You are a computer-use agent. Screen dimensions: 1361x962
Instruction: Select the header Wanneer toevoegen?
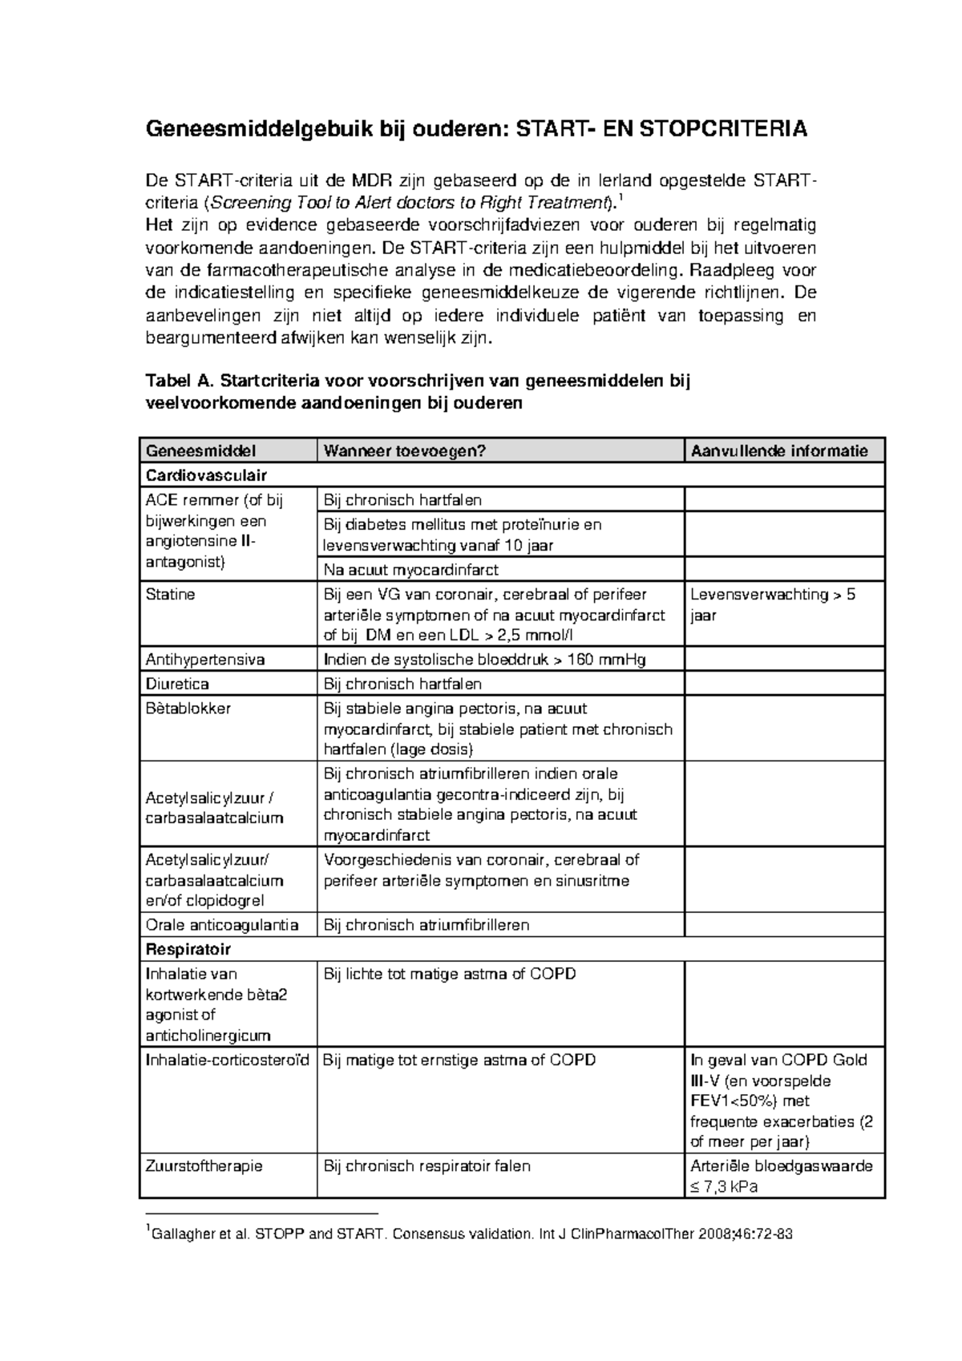[x=405, y=451]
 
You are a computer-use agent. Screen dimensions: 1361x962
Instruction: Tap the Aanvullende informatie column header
[x=778, y=451]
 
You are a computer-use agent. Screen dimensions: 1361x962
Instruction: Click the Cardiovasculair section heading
[x=206, y=475]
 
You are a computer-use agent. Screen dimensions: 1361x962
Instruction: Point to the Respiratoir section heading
[x=188, y=949]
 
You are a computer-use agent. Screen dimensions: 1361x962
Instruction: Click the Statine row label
[x=170, y=595]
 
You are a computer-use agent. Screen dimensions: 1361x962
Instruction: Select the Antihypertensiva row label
[x=205, y=660]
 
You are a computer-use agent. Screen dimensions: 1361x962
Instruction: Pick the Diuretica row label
[x=177, y=684]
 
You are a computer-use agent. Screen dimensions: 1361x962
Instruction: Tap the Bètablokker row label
[x=188, y=709]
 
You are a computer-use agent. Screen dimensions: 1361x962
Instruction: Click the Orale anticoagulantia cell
[x=222, y=925]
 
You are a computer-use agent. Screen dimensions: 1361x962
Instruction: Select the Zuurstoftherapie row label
[x=204, y=1166]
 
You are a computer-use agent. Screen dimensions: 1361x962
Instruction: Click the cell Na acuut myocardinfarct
[x=410, y=570]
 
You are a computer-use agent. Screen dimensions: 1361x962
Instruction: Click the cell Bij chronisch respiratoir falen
[x=426, y=1166]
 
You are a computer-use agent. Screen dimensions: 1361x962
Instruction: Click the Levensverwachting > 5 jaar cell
[x=772, y=605]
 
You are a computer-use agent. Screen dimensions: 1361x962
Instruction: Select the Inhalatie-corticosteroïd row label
[x=227, y=1060]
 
